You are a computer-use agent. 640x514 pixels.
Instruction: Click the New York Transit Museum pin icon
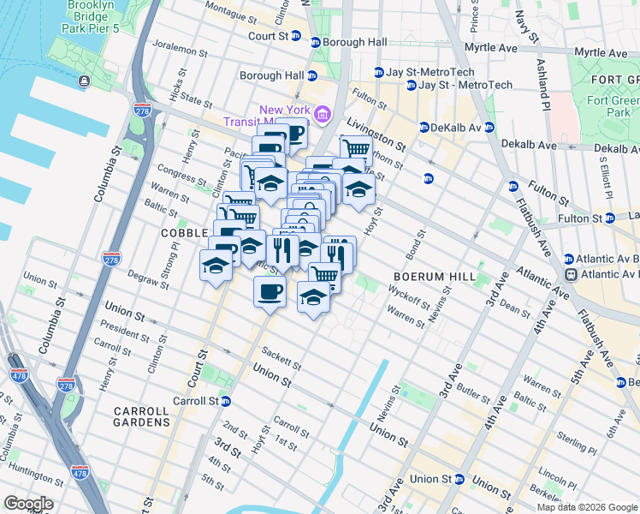coord(323,114)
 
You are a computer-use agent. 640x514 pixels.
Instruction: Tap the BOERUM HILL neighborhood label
coord(427,277)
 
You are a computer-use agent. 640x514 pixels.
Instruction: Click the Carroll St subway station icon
coord(225,401)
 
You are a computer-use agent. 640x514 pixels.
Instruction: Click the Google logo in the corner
coord(28,504)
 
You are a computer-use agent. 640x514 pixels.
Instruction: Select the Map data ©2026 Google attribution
coord(587,507)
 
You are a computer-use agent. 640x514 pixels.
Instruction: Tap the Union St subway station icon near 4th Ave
coord(459,479)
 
